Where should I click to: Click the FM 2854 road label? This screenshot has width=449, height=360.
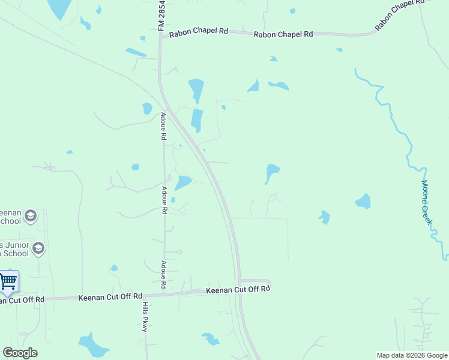click(x=161, y=16)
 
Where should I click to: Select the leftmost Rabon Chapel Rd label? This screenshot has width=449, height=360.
click(x=198, y=34)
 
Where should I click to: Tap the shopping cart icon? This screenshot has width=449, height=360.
click(x=8, y=281)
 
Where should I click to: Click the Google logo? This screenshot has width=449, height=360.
click(x=20, y=353)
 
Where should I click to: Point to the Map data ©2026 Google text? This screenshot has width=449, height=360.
click(x=412, y=355)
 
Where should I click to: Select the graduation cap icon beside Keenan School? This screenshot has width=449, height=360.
click(x=31, y=216)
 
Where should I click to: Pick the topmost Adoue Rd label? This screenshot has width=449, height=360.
click(x=163, y=126)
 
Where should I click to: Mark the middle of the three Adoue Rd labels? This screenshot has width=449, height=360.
click(x=163, y=200)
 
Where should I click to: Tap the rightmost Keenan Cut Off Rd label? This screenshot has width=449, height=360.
click(x=238, y=290)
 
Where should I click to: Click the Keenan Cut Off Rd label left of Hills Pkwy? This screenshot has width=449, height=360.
click(x=110, y=296)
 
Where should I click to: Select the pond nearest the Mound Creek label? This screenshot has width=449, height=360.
click(x=363, y=201)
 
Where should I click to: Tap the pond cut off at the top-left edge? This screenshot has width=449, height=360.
click(x=59, y=8)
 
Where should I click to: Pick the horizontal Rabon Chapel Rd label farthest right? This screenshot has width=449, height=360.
click(x=283, y=34)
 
